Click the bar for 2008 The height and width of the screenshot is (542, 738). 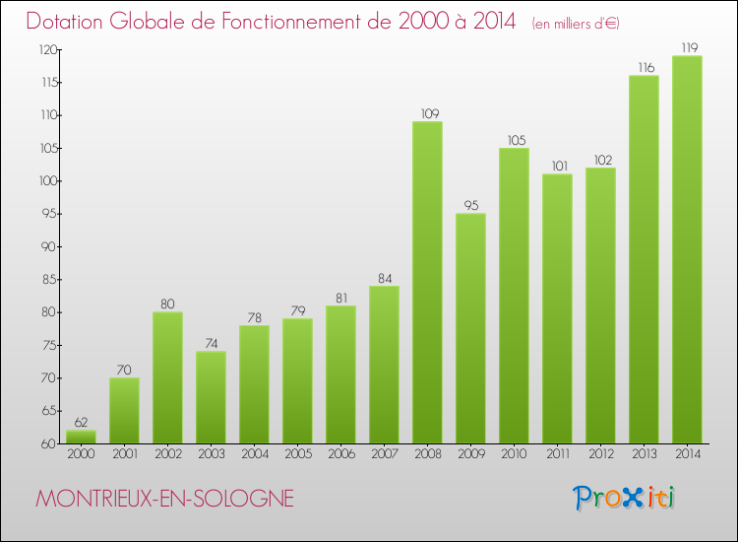click(x=427, y=282)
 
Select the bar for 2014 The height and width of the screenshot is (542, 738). click(x=687, y=249)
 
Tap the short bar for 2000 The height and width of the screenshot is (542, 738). click(x=81, y=437)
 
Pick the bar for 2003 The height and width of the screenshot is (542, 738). click(x=211, y=397)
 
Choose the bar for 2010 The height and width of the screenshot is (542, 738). click(x=514, y=296)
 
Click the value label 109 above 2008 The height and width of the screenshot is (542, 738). click(x=427, y=113)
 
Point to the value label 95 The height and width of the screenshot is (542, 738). click(x=470, y=205)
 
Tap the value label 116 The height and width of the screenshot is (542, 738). click(x=644, y=67)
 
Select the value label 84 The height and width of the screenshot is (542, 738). click(x=384, y=278)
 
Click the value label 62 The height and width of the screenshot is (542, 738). click(x=81, y=422)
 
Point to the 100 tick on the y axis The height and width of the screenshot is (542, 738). click(x=46, y=181)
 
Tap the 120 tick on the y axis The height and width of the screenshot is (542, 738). click(x=46, y=49)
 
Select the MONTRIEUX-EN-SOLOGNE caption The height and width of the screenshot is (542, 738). click(x=164, y=499)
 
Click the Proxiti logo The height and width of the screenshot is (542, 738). click(x=624, y=498)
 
